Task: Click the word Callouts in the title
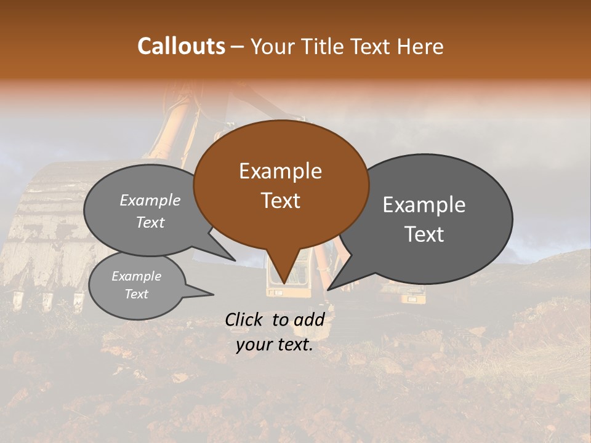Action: click(x=181, y=46)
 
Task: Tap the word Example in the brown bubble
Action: click(x=280, y=171)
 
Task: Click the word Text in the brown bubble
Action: click(x=281, y=201)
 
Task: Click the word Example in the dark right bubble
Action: click(x=424, y=205)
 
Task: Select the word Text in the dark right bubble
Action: click(x=425, y=234)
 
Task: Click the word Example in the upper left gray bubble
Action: click(x=150, y=201)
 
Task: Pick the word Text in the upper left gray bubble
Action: click(x=150, y=223)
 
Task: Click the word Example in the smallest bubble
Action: click(x=137, y=276)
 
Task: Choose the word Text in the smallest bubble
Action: click(x=137, y=294)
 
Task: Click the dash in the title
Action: click(x=238, y=46)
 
